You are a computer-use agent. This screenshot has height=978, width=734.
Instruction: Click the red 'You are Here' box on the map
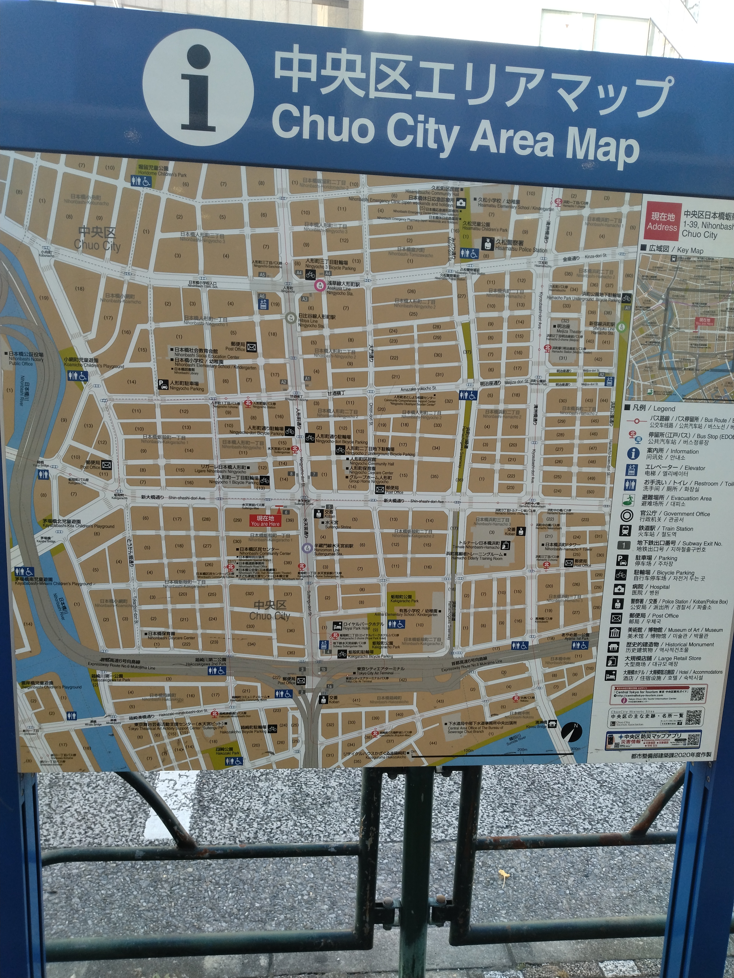click(x=265, y=521)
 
